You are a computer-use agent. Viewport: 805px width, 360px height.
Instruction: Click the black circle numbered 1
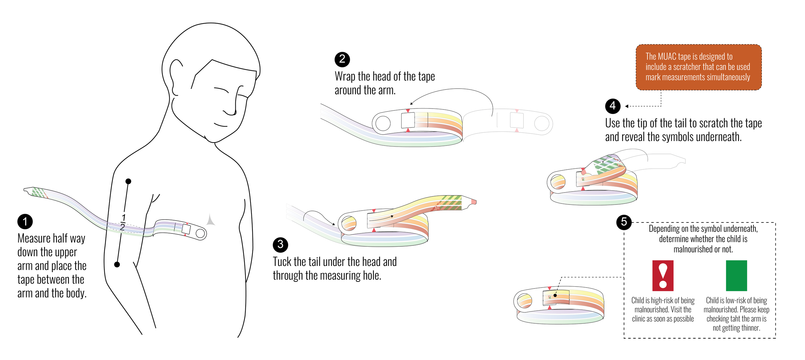pyautogui.click(x=25, y=222)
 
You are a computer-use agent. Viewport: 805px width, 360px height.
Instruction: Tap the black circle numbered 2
pyautogui.click(x=342, y=59)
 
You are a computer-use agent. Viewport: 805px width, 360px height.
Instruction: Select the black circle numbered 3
pyautogui.click(x=280, y=245)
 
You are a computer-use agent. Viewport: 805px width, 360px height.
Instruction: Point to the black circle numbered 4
pyautogui.click(x=612, y=106)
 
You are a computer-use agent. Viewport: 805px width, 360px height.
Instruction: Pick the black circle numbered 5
pyautogui.click(x=624, y=222)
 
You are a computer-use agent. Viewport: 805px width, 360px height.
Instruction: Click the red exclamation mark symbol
pyautogui.click(x=663, y=276)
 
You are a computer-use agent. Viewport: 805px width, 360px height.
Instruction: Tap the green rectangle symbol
pyautogui.click(x=736, y=276)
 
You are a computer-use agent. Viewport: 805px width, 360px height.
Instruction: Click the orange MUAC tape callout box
pyautogui.click(x=698, y=67)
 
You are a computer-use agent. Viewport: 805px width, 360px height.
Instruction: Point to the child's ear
pyautogui.click(x=176, y=77)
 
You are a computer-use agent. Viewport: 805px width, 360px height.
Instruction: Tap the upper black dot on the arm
pyautogui.click(x=128, y=181)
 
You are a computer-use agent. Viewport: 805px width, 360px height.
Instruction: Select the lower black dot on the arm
pyautogui.click(x=117, y=264)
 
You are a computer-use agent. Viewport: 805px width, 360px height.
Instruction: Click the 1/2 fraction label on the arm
pyautogui.click(x=123, y=222)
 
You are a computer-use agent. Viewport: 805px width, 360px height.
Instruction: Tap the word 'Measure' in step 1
pyautogui.click(x=34, y=239)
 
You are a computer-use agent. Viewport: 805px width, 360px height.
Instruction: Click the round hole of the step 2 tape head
pyautogui.click(x=383, y=123)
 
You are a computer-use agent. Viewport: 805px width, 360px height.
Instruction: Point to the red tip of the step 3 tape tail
pyautogui.click(x=473, y=202)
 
